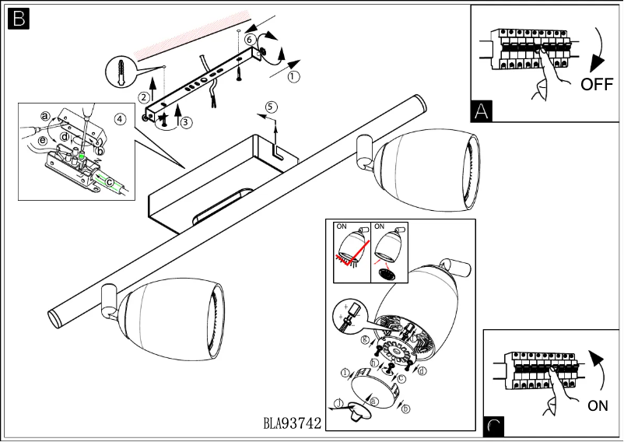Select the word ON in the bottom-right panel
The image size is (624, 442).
(x=598, y=405)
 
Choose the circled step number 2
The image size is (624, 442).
(x=144, y=97)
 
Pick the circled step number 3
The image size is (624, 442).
(x=185, y=121)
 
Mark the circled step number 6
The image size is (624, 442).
(x=249, y=38)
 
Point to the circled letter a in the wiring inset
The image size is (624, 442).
(x=45, y=116)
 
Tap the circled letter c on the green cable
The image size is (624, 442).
(x=110, y=184)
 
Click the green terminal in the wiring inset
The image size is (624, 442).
(x=82, y=156)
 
